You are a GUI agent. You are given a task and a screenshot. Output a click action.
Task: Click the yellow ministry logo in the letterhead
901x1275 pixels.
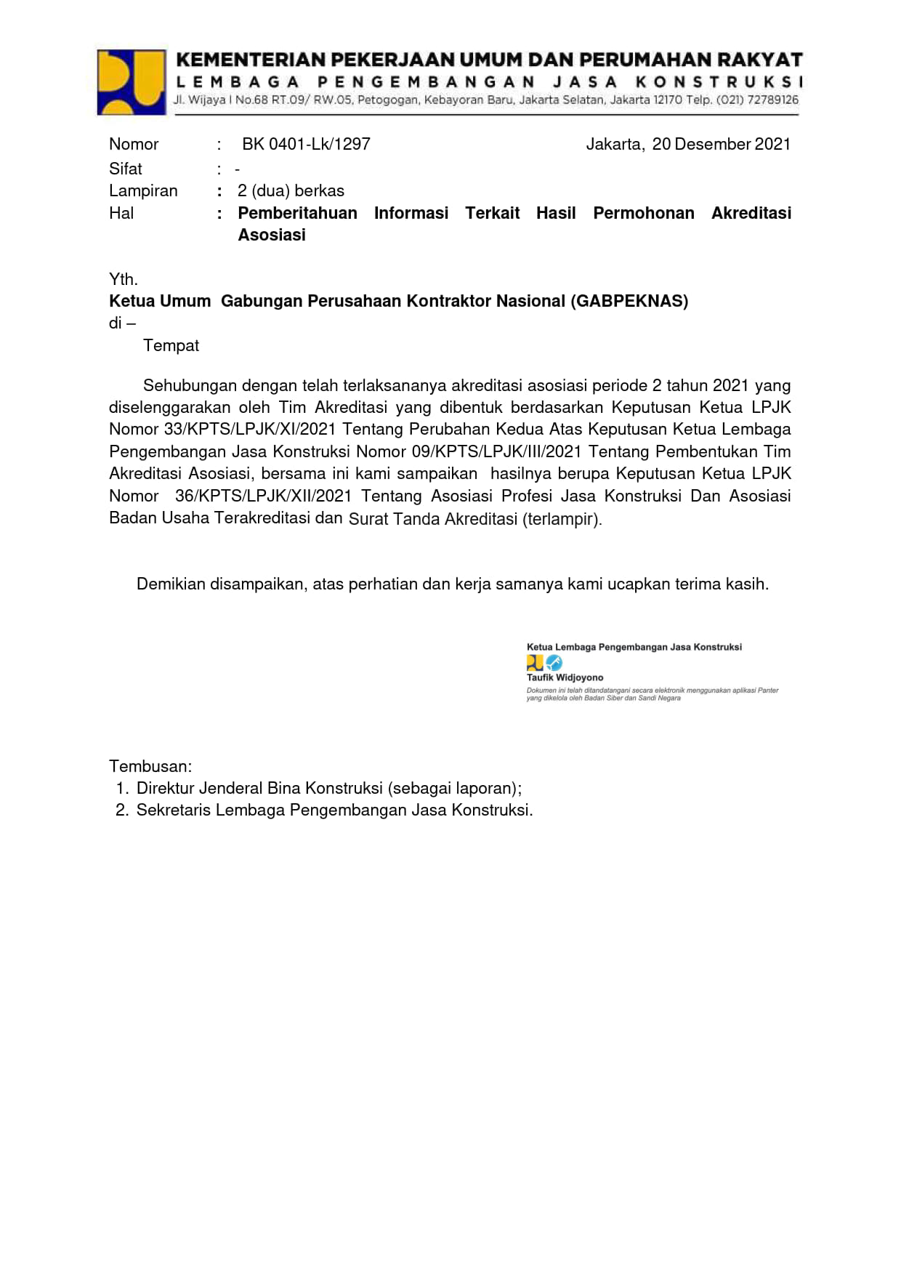point(132,82)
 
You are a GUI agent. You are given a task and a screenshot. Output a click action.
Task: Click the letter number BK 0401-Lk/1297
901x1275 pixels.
point(306,144)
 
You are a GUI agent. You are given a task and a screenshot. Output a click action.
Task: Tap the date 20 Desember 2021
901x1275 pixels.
point(721,144)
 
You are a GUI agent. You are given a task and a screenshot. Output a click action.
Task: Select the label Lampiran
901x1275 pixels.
point(143,190)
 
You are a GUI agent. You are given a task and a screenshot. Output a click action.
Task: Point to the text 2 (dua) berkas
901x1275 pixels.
point(291,190)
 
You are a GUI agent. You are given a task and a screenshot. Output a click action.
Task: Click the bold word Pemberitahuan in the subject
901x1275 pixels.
point(297,213)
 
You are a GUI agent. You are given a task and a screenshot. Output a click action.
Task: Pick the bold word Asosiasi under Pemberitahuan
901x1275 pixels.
point(272,235)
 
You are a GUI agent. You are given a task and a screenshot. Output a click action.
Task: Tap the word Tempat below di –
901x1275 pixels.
point(171,345)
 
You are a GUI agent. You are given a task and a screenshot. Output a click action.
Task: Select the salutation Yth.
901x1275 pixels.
point(124,279)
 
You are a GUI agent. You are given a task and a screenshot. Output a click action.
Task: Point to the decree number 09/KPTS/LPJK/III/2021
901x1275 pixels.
point(498,451)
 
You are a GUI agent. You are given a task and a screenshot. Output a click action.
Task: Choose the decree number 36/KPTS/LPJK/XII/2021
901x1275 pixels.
point(263,496)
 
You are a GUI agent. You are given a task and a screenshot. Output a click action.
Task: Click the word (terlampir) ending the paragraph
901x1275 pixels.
point(562,519)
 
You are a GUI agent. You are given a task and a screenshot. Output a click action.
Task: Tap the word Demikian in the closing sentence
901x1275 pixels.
point(171,584)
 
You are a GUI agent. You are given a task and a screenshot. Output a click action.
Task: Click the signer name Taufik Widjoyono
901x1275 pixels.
point(565,677)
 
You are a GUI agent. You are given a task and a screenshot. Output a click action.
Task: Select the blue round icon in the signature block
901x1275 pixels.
point(554,663)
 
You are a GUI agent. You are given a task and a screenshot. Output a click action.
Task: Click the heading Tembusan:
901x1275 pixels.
point(150,766)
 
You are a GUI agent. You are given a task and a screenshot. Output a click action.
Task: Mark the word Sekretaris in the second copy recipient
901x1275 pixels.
point(173,810)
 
